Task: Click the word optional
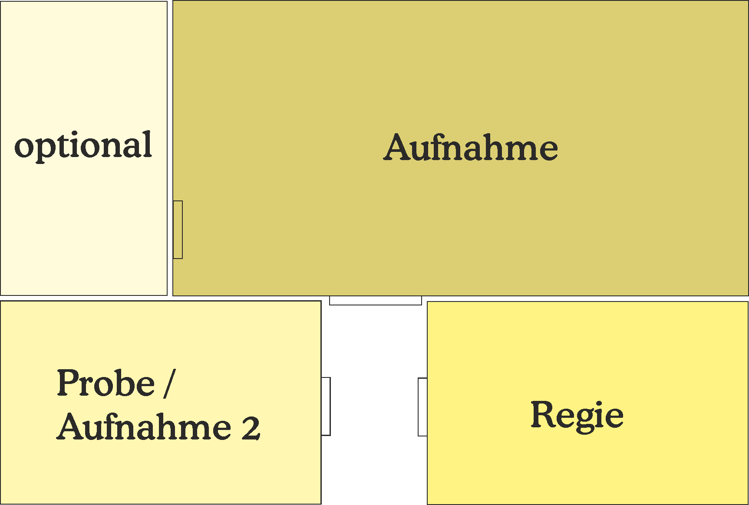pyautogui.click(x=83, y=146)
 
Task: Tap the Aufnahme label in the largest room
pyautogui.click(x=471, y=148)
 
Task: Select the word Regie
pyautogui.click(x=577, y=416)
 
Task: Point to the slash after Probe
pyautogui.click(x=170, y=384)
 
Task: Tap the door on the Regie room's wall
pyautogui.click(x=422, y=407)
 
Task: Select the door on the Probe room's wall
pyautogui.click(x=326, y=406)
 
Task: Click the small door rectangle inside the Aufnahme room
pyautogui.click(x=178, y=230)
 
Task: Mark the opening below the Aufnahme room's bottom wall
pyautogui.click(x=376, y=301)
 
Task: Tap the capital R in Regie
pyautogui.click(x=543, y=414)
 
